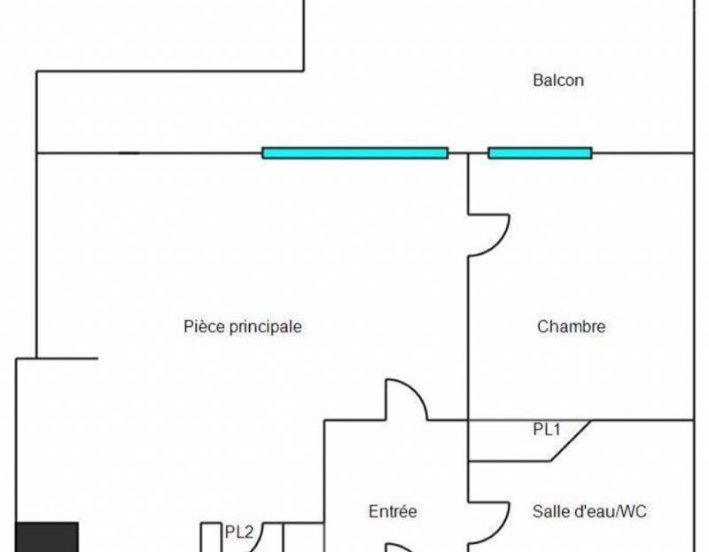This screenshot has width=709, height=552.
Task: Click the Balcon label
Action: pos(558,81)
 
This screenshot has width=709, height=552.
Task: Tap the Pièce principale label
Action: pos(243,327)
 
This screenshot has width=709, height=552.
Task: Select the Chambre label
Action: pos(571,326)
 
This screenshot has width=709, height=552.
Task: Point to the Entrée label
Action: pos(393,512)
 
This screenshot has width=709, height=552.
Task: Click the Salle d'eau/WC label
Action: pos(589,512)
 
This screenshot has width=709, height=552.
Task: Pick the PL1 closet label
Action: pos(547,430)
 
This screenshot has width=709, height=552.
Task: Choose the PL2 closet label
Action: pos(239,533)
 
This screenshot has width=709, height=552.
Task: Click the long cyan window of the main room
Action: pos(355,153)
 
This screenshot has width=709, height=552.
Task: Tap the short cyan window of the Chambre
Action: pos(540,153)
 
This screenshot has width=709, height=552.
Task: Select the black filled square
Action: pos(48,537)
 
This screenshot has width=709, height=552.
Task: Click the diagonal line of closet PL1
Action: pos(571,441)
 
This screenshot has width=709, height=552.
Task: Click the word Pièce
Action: pos(205,327)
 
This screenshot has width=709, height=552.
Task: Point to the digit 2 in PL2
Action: pos(249,533)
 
